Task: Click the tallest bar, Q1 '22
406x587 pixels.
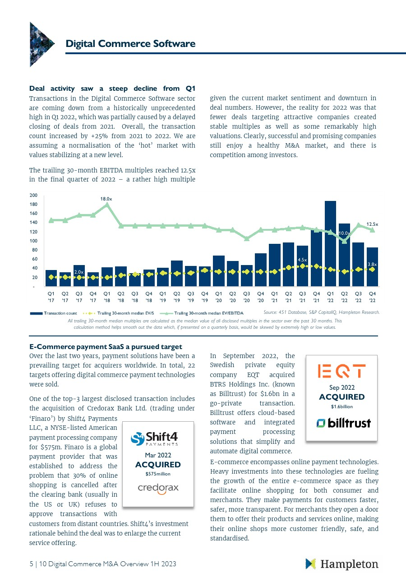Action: click(x=330, y=243)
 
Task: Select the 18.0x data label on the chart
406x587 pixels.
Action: click(x=106, y=199)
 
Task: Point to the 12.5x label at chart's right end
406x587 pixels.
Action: click(x=372, y=224)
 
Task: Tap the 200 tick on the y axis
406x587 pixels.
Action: click(x=33, y=195)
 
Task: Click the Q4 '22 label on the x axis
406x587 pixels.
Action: click(x=372, y=297)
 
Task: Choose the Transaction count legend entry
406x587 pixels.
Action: click(x=53, y=313)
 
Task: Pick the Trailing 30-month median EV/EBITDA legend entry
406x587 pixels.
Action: click(x=202, y=313)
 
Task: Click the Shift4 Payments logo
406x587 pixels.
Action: click(x=154, y=439)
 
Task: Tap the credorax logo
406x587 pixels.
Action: click(x=158, y=489)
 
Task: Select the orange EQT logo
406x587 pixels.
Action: click(x=341, y=371)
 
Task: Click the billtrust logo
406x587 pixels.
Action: click(x=343, y=423)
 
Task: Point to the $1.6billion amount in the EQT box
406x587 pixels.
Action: click(x=342, y=406)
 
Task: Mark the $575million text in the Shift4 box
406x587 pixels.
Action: click(x=158, y=474)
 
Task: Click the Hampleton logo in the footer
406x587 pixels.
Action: click(x=341, y=564)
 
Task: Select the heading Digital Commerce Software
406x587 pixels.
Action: click(x=130, y=43)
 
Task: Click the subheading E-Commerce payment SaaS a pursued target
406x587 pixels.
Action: click(x=106, y=347)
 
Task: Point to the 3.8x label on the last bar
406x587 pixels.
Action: click(x=372, y=265)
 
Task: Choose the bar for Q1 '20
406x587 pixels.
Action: click(x=219, y=271)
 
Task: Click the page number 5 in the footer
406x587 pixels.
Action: click(x=32, y=564)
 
